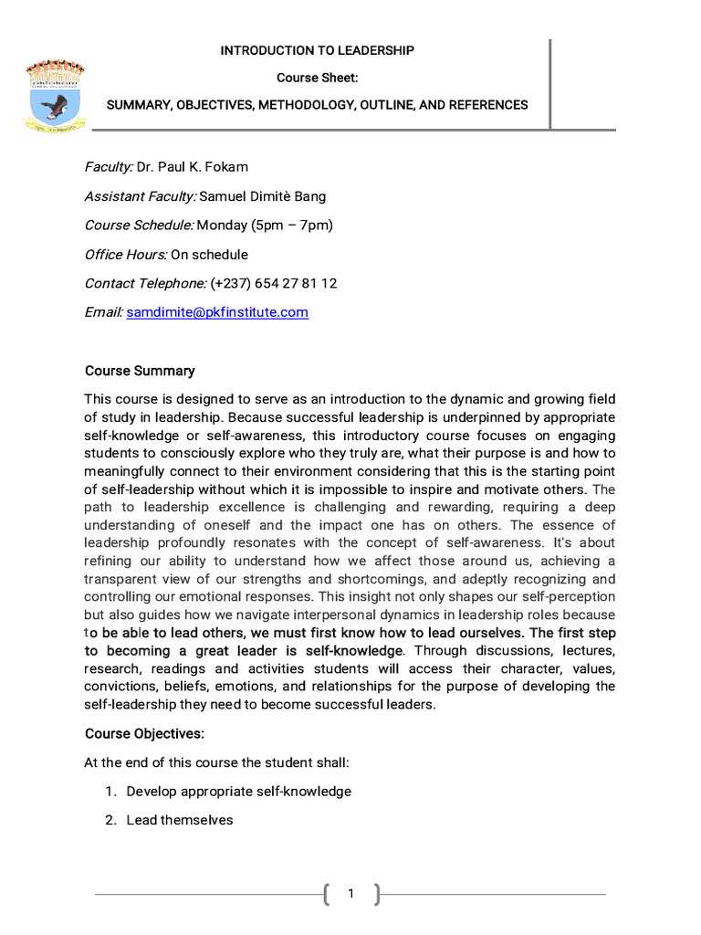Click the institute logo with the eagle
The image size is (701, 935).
point(56,97)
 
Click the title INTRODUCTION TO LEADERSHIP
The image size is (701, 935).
point(317,50)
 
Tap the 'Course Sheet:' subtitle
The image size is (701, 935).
point(317,78)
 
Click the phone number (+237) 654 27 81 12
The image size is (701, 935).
point(274,283)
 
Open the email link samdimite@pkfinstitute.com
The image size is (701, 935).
point(217,312)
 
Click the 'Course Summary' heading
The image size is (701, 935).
point(140,371)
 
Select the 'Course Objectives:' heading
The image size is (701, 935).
point(144,733)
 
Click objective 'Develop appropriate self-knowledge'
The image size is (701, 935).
point(238,792)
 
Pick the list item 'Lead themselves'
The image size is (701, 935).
point(180,820)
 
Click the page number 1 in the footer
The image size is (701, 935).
point(350,894)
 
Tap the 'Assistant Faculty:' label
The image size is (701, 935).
point(141,195)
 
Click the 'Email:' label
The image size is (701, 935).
point(104,312)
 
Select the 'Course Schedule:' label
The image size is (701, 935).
point(139,225)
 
